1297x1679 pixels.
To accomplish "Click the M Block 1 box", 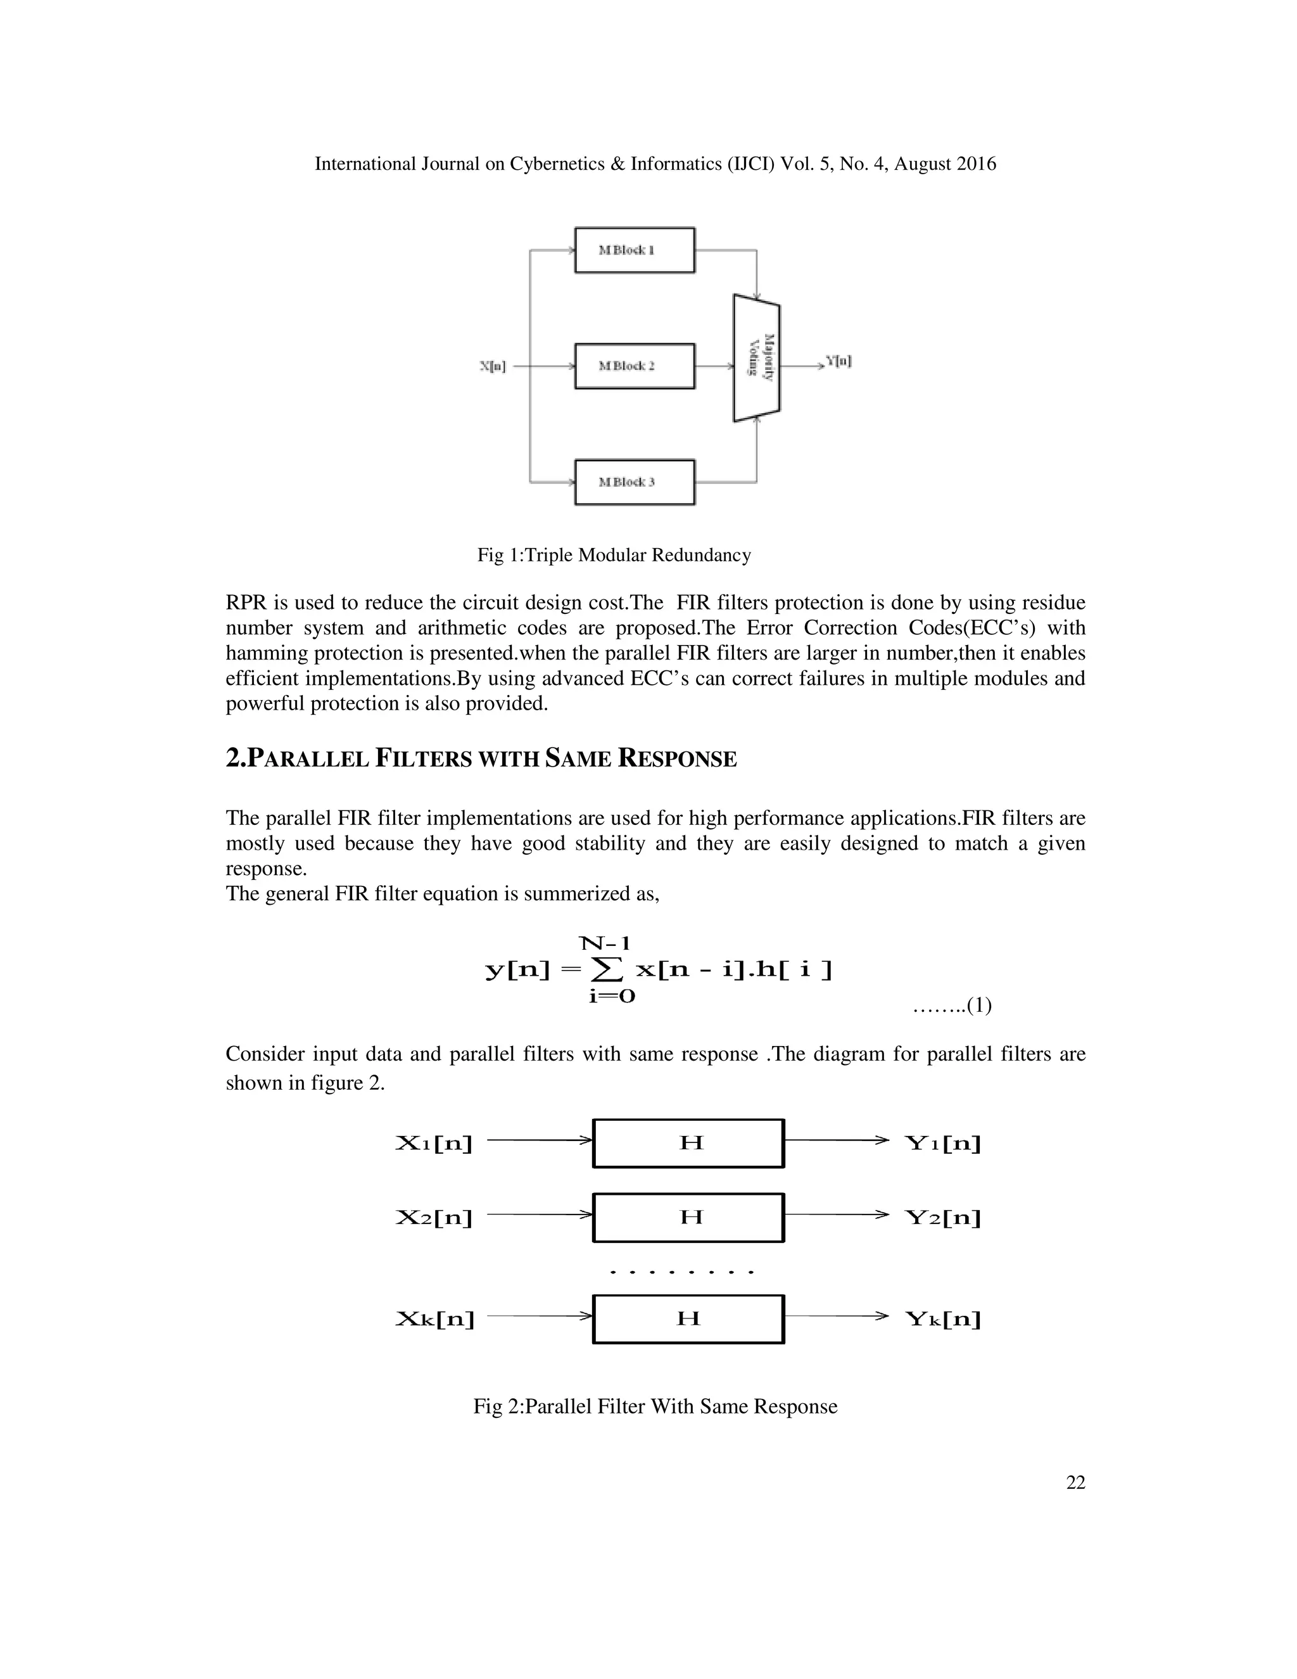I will [x=634, y=250].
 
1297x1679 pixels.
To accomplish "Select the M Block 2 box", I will [x=634, y=366].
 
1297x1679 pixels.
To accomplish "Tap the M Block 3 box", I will [x=634, y=482].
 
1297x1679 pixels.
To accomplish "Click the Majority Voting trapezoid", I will [x=757, y=358].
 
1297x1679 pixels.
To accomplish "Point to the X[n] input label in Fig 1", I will [x=493, y=367].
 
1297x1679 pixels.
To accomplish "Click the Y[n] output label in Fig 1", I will [x=838, y=361].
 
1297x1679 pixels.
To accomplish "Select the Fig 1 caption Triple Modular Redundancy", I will [x=614, y=555].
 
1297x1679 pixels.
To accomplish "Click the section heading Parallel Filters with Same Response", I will [x=481, y=759].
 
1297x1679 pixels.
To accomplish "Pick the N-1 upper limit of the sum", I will [x=605, y=943].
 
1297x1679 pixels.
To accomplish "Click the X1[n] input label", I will [x=434, y=1143].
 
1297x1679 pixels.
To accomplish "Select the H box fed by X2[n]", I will [x=688, y=1217].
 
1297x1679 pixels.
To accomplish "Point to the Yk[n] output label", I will [x=944, y=1319].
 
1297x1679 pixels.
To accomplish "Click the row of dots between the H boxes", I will [x=681, y=1272].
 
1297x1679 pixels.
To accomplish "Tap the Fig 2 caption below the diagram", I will [x=655, y=1407].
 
